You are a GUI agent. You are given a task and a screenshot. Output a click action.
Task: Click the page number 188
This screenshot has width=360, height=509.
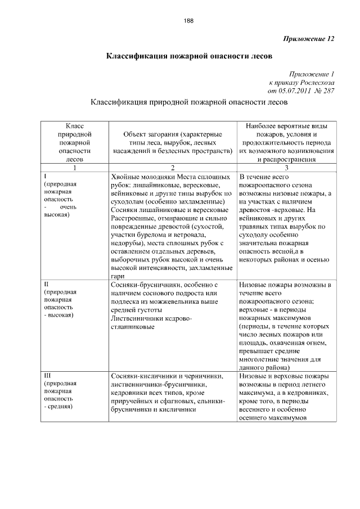(188, 21)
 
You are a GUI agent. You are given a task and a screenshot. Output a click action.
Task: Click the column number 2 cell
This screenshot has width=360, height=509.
(173, 168)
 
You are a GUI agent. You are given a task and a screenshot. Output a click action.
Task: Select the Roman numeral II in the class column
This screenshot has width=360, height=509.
(46, 285)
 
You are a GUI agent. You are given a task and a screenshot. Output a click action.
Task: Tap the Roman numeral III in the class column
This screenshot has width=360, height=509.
(47, 375)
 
